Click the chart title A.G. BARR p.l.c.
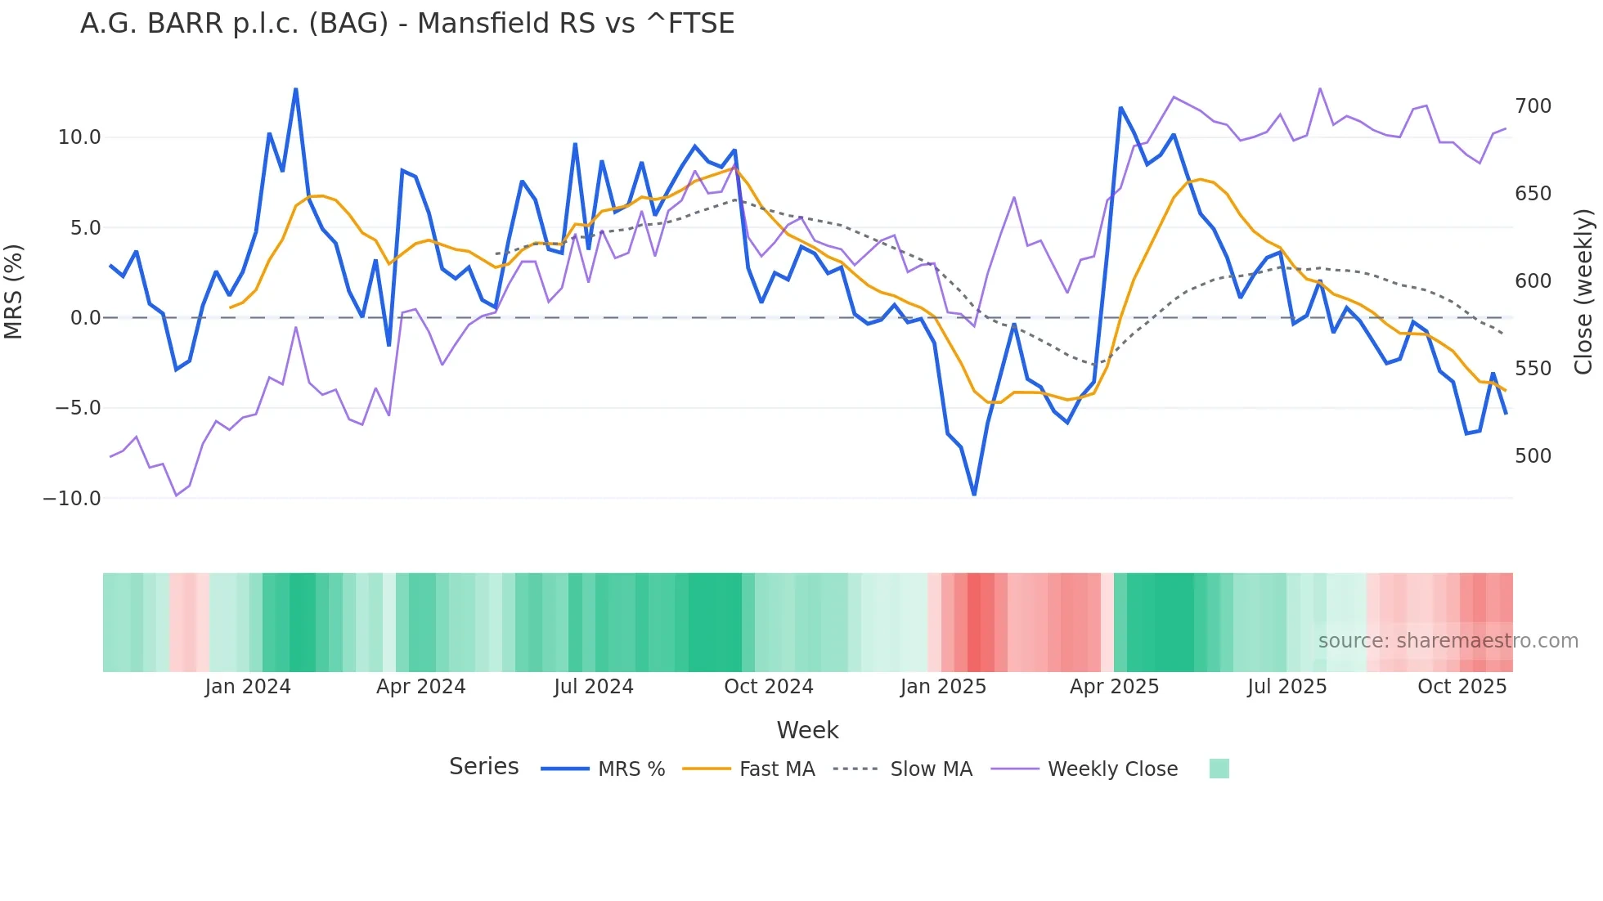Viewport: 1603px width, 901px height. coord(406,24)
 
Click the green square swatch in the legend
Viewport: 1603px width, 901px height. coord(1219,769)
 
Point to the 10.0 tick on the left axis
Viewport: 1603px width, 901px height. coord(79,137)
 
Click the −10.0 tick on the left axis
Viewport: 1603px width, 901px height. coord(72,499)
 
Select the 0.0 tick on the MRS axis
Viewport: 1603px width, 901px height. coord(85,318)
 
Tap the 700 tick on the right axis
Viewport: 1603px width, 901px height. coord(1533,106)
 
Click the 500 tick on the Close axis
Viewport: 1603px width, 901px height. coord(1533,456)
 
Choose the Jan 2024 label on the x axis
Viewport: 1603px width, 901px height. coord(248,687)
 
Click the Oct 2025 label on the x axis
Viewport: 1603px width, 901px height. coord(1462,687)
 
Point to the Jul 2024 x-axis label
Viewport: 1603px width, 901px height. coord(594,687)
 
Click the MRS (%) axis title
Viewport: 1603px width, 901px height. coord(13,292)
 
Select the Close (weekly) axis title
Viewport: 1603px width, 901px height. coord(1584,292)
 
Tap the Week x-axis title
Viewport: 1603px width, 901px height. coord(807,730)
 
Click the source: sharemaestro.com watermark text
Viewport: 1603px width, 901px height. coord(1448,641)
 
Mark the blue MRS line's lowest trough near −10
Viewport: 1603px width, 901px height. coord(974,495)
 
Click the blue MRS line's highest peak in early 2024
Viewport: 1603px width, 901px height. coord(295,89)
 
